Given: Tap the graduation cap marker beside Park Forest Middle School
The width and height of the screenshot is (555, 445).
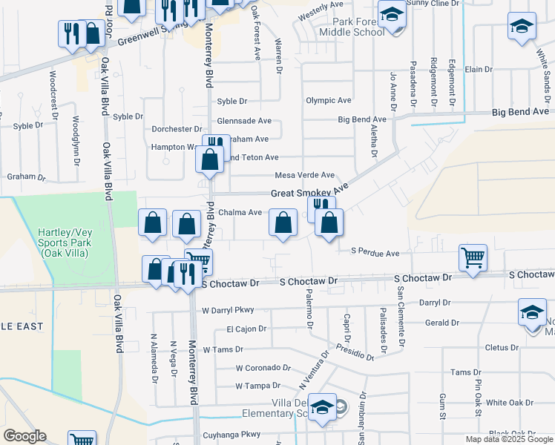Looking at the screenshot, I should [393, 16].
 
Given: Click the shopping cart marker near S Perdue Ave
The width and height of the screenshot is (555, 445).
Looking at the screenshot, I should [473, 259].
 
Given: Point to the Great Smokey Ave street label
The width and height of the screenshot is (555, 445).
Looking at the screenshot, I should [309, 193].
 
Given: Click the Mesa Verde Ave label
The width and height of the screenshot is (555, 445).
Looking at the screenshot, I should [304, 175].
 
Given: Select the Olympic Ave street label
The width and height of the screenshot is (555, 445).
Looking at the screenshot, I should [328, 100].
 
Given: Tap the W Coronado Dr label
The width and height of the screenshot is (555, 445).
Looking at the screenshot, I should [263, 367].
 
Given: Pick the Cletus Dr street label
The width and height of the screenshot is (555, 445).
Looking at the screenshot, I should [502, 347].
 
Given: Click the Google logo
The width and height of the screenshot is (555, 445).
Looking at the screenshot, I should [24, 436].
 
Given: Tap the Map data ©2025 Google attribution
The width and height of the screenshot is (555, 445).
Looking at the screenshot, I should [509, 439].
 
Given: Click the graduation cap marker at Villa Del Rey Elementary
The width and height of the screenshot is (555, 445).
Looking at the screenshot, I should [323, 409].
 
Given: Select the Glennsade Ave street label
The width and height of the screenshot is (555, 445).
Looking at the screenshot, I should [244, 121].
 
